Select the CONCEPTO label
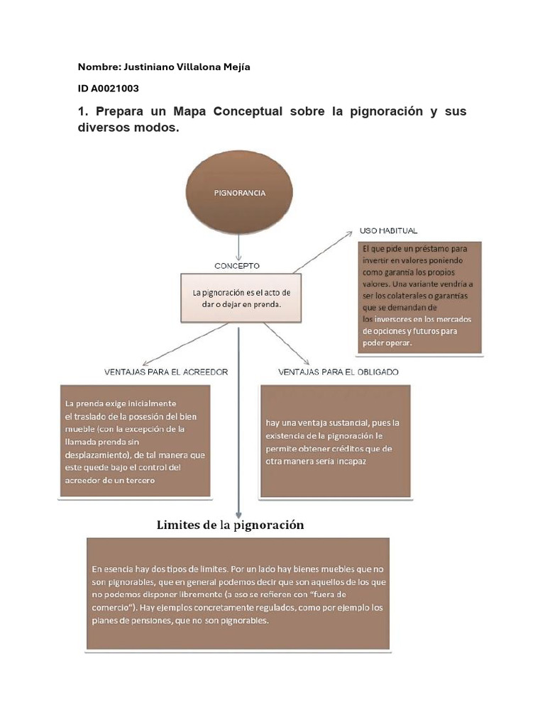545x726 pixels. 237,266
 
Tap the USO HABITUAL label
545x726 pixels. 388,231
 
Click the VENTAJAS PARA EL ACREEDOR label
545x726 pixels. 166,372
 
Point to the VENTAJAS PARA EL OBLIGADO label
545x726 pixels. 338,372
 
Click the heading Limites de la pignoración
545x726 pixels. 230,525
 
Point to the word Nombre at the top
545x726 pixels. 99,67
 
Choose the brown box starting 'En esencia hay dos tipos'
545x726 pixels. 238,594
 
